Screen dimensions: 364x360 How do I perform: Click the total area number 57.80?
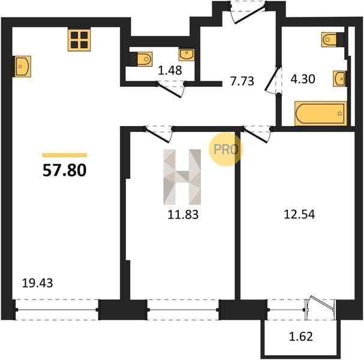coord(65,170)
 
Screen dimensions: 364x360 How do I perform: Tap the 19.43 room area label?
coord(37,283)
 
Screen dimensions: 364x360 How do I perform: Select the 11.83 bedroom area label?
coord(183,215)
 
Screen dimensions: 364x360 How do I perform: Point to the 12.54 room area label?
coord(299,214)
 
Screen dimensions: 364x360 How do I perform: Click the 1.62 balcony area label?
coord(301,337)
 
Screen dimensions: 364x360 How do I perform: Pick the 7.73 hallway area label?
coord(242,81)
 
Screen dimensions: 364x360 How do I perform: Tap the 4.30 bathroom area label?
coord(303,79)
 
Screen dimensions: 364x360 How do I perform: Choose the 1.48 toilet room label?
coord(170,70)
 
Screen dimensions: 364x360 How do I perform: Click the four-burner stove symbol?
coord(79,40)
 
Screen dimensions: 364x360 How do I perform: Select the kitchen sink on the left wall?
coord(23,66)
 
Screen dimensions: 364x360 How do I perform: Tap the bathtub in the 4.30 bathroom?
coord(321,113)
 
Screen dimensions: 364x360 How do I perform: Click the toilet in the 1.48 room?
coord(141,59)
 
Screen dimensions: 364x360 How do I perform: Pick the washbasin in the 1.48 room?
coord(186,55)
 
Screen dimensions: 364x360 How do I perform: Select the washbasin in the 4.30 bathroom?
coord(340,79)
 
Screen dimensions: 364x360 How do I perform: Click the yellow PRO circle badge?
coord(225,149)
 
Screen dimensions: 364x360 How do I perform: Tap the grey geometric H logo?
coord(182,177)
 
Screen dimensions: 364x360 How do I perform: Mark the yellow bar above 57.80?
coord(65,155)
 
